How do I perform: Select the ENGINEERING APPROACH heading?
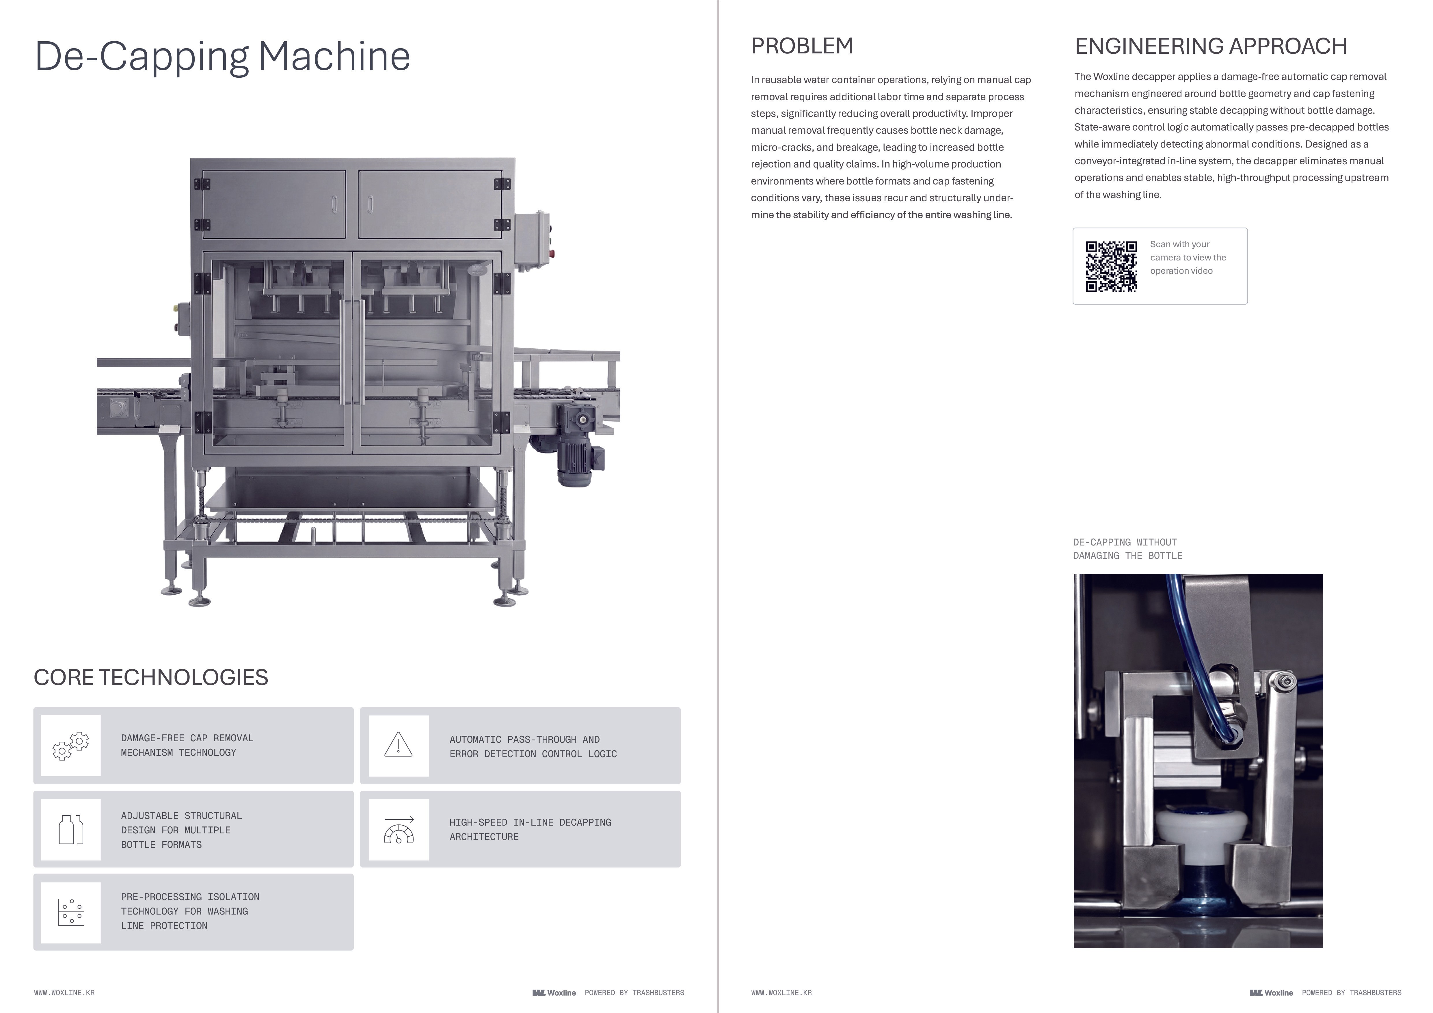click(x=1210, y=46)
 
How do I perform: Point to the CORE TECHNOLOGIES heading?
click(x=150, y=677)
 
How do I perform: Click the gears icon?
click(x=70, y=746)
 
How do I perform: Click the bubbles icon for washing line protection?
click(x=70, y=913)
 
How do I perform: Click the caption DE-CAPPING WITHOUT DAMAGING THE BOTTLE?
click(x=1127, y=549)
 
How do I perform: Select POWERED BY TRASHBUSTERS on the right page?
click(x=1351, y=992)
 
